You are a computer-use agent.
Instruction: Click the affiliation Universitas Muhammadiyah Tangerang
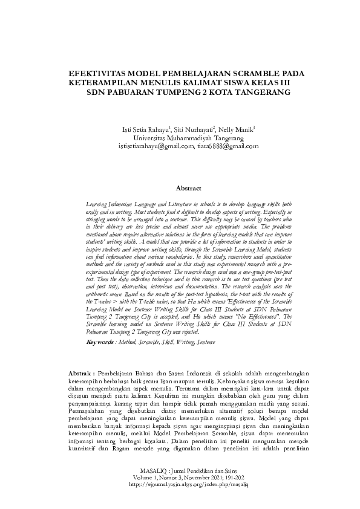click(180, 138)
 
